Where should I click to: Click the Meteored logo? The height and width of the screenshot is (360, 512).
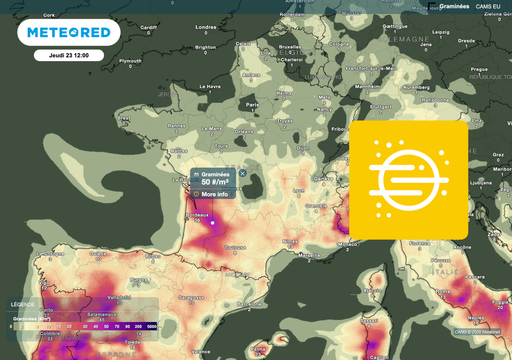(69, 33)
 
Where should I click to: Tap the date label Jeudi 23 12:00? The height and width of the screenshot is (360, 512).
(69, 55)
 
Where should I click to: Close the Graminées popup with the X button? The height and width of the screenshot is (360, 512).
(242, 173)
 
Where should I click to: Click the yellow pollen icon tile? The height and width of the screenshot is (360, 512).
(408, 179)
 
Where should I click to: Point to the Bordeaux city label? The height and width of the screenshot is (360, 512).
(196, 215)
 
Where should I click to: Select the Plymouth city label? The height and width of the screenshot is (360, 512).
(130, 60)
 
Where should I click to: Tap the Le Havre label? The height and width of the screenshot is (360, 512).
(211, 87)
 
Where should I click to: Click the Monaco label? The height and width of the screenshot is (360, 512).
(348, 243)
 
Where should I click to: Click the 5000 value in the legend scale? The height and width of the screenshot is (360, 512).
(151, 326)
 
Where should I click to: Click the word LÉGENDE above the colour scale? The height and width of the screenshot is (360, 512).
(22, 304)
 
